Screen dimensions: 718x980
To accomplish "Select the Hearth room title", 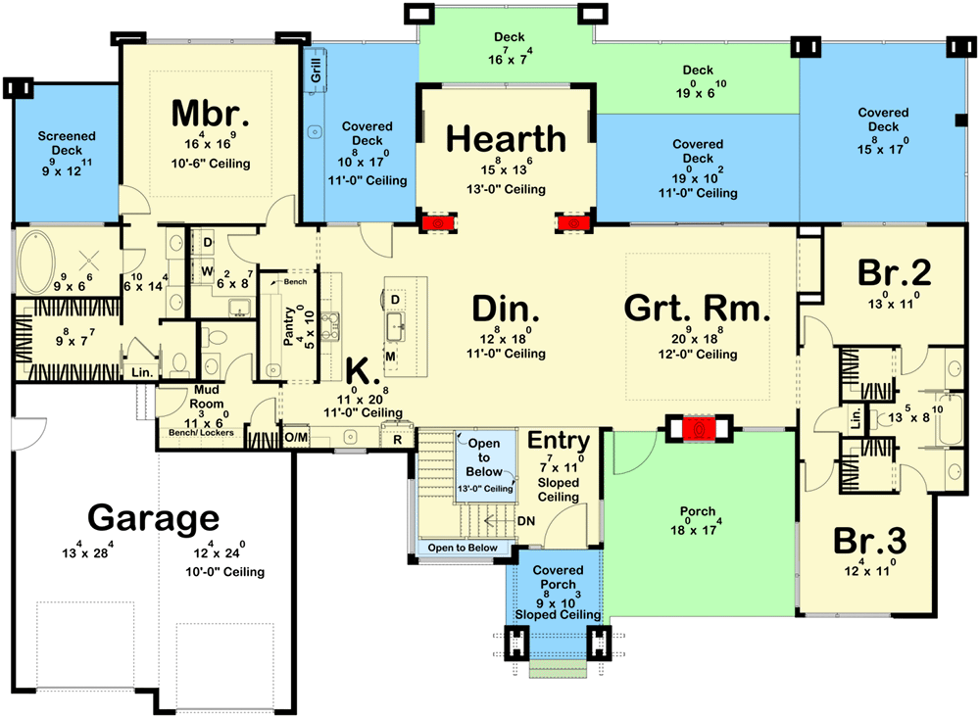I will (x=506, y=139).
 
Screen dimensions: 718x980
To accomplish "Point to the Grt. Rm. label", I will (x=697, y=309).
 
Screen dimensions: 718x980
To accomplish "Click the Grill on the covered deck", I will (x=317, y=72).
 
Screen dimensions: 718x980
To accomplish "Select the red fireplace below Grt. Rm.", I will (x=698, y=428).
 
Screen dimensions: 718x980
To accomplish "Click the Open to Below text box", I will (x=484, y=457).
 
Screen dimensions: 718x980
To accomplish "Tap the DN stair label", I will (x=525, y=521).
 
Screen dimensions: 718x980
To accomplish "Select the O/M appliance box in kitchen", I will (x=296, y=435).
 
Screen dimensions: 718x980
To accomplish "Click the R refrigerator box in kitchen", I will (x=397, y=439).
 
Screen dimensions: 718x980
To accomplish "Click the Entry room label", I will (x=559, y=441).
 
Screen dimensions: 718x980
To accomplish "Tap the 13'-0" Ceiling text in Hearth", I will (x=506, y=189).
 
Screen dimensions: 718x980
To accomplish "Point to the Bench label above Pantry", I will (x=295, y=282).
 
